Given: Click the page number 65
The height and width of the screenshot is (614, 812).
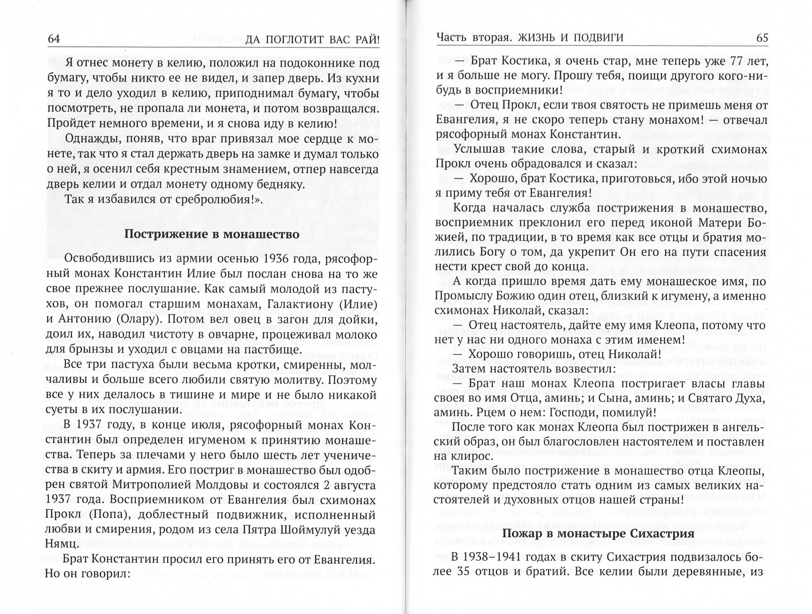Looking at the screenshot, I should [762, 38].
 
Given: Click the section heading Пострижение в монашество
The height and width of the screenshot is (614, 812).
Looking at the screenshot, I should [212, 234].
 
